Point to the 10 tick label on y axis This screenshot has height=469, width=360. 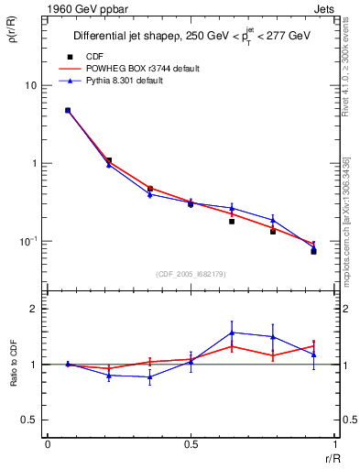[31, 85]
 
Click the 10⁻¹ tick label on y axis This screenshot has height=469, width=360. [29, 241]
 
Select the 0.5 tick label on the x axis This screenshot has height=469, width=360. [191, 443]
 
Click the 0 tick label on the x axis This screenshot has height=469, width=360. [48, 443]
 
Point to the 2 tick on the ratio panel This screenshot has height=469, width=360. [35, 309]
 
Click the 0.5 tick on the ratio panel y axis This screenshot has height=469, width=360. [30, 420]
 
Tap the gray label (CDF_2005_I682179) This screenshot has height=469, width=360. [191, 273]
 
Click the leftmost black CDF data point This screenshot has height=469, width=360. [68, 111]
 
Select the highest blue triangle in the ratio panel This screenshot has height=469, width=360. [232, 333]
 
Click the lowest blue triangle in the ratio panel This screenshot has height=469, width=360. [149, 376]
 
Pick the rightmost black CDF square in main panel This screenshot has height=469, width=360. [313, 251]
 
